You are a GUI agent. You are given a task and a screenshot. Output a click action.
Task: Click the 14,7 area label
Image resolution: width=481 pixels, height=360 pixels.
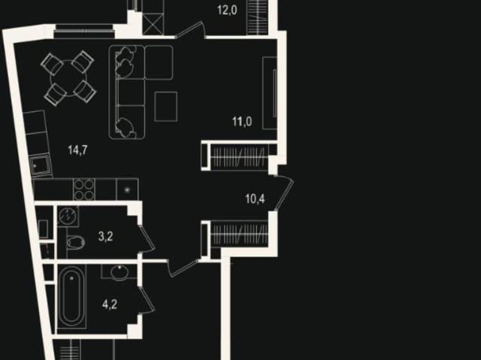point(77,150)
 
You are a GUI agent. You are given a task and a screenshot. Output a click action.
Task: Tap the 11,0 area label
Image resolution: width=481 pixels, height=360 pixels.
point(242,122)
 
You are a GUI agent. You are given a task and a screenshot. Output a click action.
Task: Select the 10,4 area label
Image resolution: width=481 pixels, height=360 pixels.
point(255,199)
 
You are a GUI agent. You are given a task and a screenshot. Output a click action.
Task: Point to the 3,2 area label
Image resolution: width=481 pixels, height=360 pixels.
point(105,237)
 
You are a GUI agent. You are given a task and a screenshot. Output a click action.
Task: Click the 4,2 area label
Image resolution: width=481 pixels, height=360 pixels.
point(110,305)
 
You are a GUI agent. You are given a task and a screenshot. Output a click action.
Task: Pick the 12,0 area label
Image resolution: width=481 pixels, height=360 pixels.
point(227,10)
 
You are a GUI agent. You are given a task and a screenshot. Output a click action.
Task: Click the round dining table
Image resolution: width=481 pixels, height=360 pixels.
point(68,79)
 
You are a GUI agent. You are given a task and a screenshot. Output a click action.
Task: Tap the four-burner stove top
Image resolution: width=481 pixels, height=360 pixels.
point(83,189)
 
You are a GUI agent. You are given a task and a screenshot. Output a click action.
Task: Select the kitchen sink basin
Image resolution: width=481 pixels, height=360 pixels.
point(40,166)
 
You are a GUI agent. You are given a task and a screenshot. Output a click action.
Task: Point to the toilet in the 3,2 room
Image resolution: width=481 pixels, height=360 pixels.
point(75,242)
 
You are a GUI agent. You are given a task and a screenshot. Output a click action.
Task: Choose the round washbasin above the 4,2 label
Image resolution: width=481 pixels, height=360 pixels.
point(119,272)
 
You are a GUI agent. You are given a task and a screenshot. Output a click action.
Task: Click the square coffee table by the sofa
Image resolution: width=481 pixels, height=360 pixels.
point(166,107)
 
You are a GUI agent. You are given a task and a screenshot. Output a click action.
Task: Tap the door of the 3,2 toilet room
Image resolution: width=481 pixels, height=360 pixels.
point(147,238)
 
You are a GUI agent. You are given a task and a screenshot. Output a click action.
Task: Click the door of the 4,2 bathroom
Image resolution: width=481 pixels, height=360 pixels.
point(146,299)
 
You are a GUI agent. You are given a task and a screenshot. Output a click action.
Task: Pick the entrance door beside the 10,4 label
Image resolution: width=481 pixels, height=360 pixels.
point(284,193)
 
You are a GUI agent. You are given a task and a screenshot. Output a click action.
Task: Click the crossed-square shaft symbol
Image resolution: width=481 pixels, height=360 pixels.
point(153,25)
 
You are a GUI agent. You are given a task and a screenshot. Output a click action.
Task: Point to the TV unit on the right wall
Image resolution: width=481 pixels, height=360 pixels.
point(270,93)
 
